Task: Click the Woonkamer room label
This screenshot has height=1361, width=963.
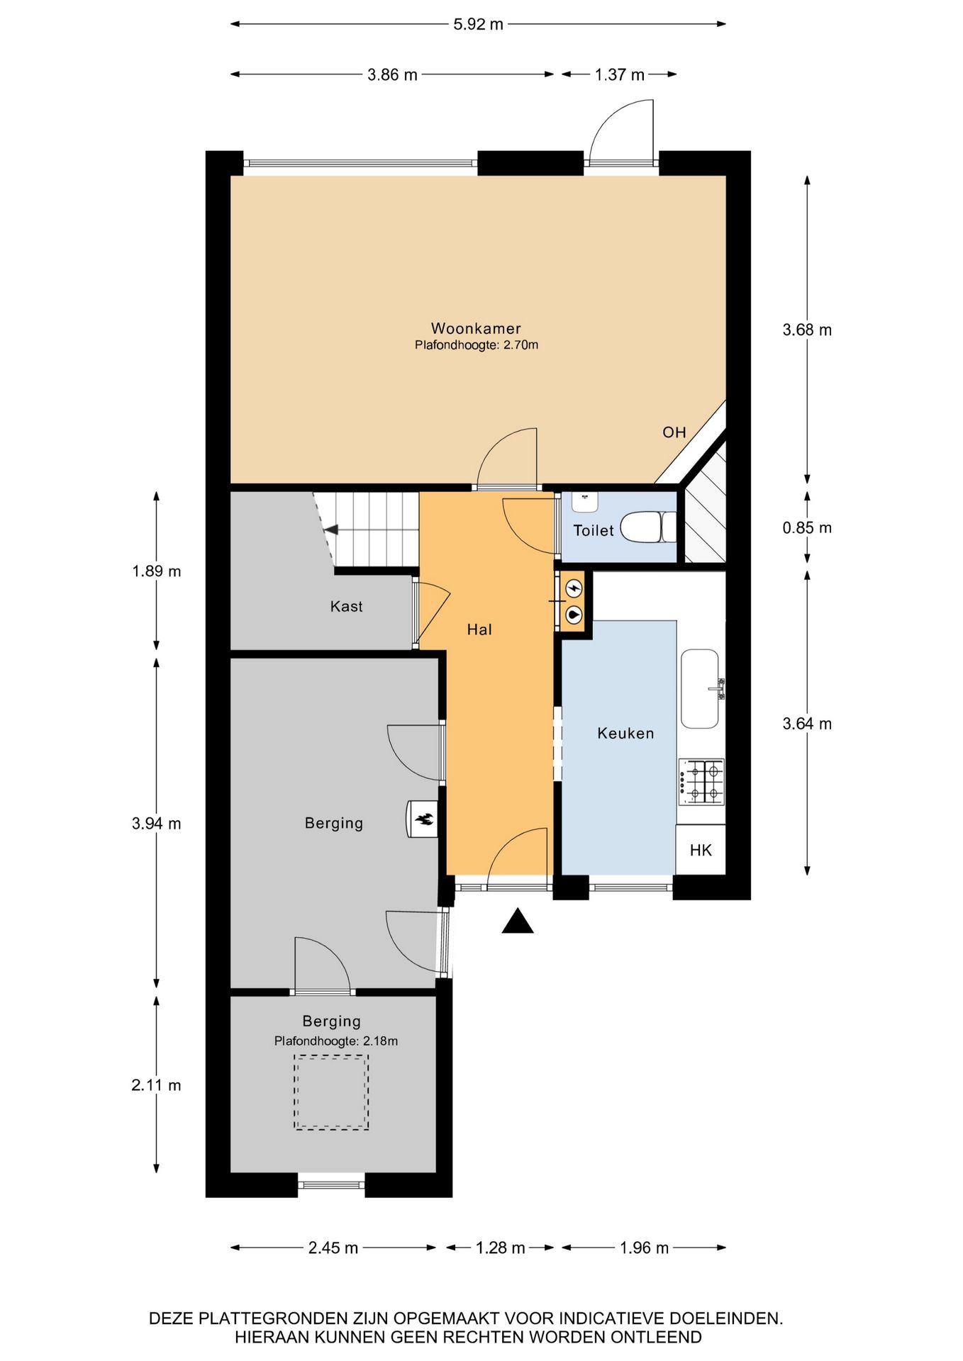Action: click(x=476, y=328)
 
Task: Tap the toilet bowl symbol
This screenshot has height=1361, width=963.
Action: click(x=648, y=527)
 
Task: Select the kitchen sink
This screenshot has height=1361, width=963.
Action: click(x=700, y=688)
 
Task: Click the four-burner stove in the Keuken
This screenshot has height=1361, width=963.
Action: click(x=701, y=782)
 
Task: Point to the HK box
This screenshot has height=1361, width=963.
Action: click(x=701, y=850)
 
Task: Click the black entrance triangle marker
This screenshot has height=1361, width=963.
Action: click(x=518, y=921)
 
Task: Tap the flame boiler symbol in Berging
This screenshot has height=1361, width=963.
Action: click(x=423, y=819)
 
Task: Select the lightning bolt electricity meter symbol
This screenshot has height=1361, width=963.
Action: click(x=574, y=588)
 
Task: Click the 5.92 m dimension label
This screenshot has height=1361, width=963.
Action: click(x=478, y=24)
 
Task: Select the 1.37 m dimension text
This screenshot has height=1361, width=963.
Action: click(x=619, y=74)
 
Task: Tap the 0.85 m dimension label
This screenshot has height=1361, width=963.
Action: click(x=807, y=527)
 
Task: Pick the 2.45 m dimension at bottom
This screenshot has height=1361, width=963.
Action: click(x=333, y=1248)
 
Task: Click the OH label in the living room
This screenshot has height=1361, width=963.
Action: click(x=674, y=432)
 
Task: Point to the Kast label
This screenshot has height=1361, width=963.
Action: click(x=347, y=606)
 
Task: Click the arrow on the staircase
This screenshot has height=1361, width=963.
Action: click(x=330, y=530)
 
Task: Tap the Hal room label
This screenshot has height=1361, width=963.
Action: click(x=479, y=629)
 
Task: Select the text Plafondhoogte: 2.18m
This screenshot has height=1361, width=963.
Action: click(x=336, y=1041)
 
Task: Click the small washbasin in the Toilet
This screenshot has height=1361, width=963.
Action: click(x=585, y=501)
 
